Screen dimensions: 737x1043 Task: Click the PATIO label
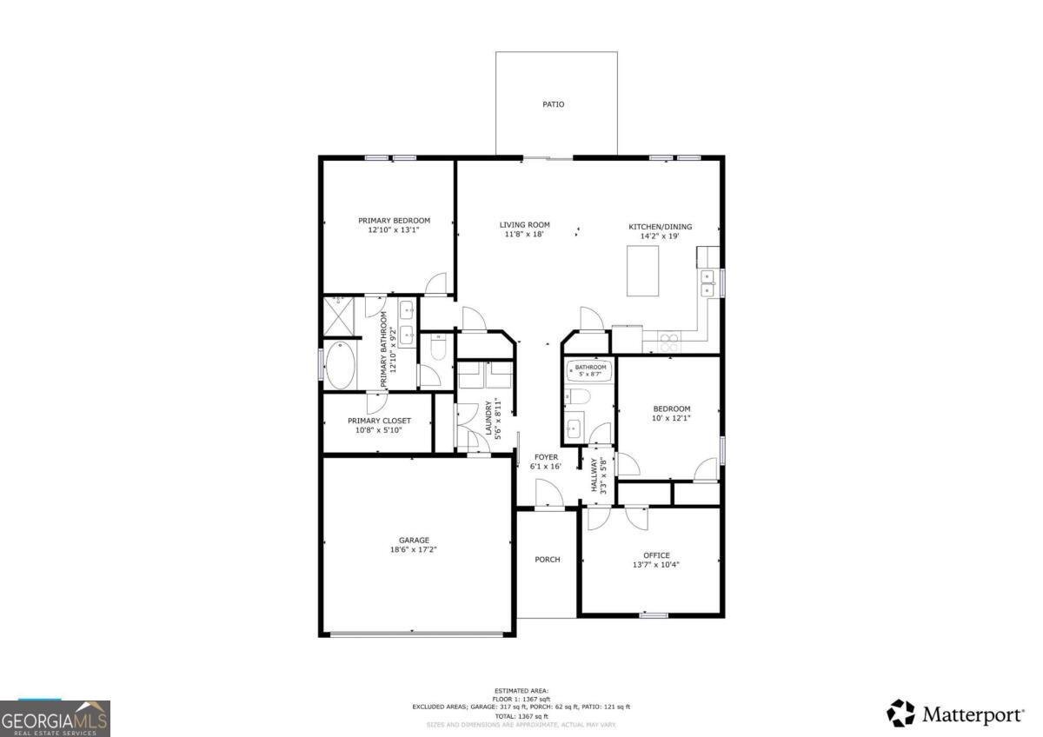point(553,104)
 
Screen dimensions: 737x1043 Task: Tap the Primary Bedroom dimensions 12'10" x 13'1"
point(394,231)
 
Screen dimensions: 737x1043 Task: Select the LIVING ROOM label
point(524,225)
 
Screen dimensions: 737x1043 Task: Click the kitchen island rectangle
point(642,271)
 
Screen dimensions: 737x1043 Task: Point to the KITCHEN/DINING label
point(661,227)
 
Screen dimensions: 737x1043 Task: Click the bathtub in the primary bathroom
point(340,366)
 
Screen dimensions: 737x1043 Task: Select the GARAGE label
point(414,541)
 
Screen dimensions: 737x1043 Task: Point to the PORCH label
point(547,560)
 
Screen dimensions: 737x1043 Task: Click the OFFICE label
point(656,555)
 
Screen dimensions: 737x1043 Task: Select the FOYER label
point(546,457)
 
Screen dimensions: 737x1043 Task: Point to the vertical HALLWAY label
point(595,475)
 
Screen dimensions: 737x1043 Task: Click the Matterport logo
point(955,714)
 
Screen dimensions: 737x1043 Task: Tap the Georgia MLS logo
point(55,718)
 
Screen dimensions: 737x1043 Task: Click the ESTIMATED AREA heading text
point(521,690)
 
